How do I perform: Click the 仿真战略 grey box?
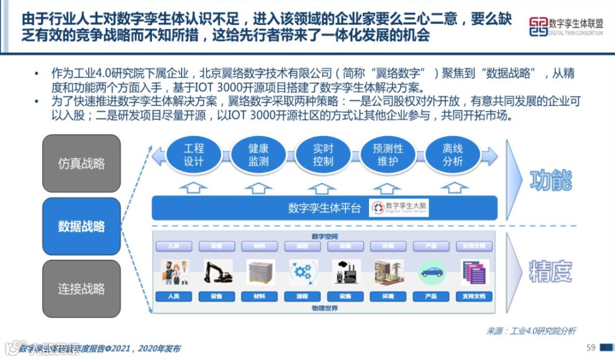[81, 163]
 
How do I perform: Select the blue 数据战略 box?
[81, 226]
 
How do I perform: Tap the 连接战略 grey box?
[81, 288]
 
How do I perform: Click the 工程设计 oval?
[194, 155]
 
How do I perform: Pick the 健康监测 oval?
[258, 155]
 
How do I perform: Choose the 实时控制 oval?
[323, 155]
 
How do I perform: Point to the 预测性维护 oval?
[388, 155]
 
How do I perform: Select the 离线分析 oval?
[453, 155]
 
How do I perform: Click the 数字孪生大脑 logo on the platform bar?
[400, 208]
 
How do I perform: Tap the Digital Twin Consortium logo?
[565, 26]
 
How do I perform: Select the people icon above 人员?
[174, 272]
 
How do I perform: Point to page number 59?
[591, 347]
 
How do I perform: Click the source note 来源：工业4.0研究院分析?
[531, 331]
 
